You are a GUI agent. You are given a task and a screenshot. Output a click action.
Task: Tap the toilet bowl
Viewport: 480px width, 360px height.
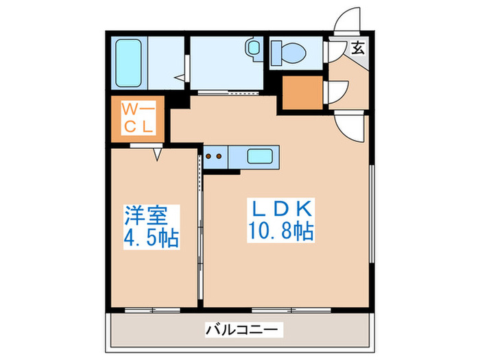(x=292, y=51)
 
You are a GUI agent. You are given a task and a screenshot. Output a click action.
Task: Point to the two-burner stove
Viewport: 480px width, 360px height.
(x=215, y=156)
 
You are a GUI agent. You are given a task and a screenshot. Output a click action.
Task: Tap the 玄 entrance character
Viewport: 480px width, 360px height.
(x=358, y=47)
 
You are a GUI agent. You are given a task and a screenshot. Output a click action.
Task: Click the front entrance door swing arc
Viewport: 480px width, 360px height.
(x=348, y=17)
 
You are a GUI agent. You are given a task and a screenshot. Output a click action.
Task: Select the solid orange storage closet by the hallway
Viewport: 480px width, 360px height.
(x=304, y=94)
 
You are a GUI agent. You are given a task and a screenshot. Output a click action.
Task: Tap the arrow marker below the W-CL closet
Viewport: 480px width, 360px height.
(x=157, y=155)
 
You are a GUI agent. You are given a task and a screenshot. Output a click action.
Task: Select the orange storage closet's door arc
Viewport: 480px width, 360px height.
(x=337, y=93)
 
